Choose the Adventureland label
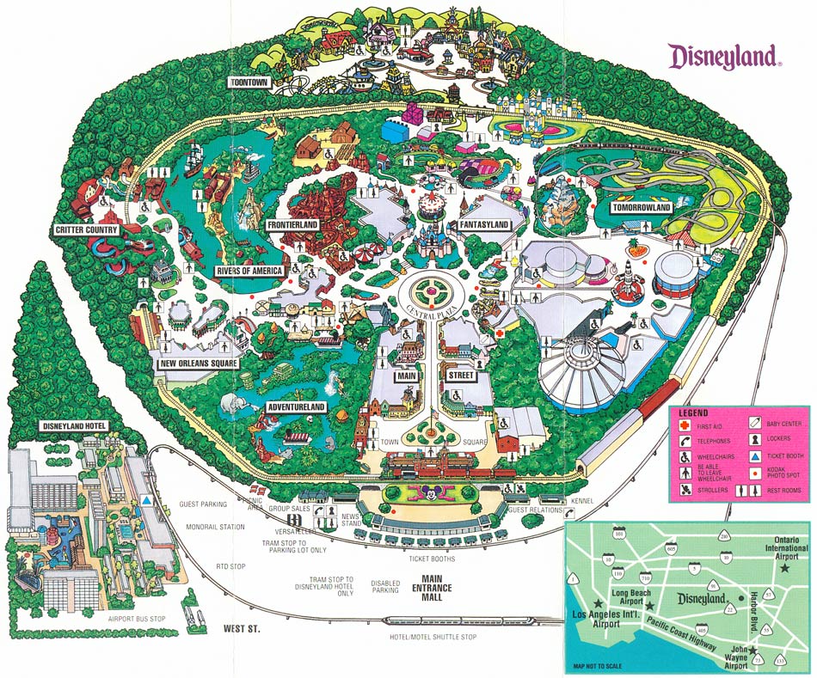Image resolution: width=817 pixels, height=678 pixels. pos(296,406)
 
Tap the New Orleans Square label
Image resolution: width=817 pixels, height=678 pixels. pos(199,363)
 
